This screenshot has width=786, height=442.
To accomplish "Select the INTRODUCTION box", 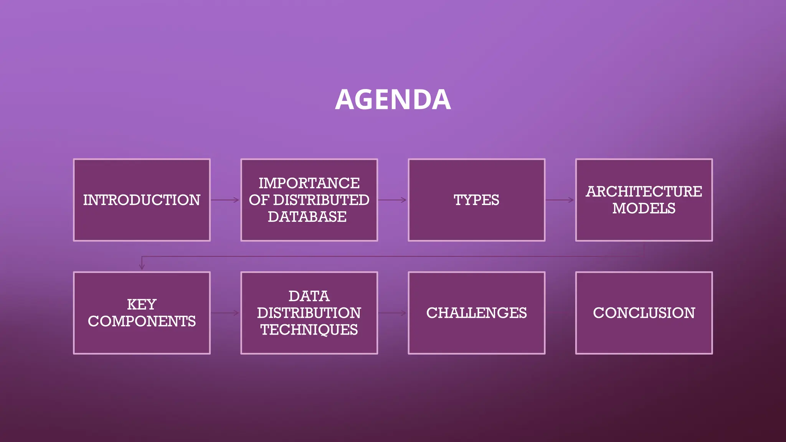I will pos(142,200).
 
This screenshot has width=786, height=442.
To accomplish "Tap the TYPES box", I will pos(476,200).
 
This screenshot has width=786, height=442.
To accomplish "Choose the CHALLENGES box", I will pos(476,313).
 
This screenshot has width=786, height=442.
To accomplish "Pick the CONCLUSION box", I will pos(644,313).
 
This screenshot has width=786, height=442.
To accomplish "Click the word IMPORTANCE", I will pos(309,183).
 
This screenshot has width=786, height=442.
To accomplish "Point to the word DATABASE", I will pos(307,217).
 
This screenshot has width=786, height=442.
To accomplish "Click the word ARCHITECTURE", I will pos(644,191).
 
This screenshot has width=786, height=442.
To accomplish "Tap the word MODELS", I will pos(644,208).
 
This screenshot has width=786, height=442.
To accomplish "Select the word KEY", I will pos(142,304).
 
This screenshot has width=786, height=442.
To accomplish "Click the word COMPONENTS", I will pos(142,321).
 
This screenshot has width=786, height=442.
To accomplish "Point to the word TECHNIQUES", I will pos(309,330).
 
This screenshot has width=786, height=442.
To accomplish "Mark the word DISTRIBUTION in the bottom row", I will pos(309,313).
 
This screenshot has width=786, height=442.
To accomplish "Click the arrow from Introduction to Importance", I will pos(225,200).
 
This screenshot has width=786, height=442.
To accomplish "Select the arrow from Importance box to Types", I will pos(392,200).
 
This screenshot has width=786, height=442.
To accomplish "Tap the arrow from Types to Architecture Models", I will pos(560,200).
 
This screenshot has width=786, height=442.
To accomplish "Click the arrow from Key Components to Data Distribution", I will pos(225,313).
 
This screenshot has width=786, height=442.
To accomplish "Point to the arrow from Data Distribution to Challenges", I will pos(392,313).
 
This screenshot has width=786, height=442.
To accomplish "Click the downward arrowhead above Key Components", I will pos(142,266).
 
